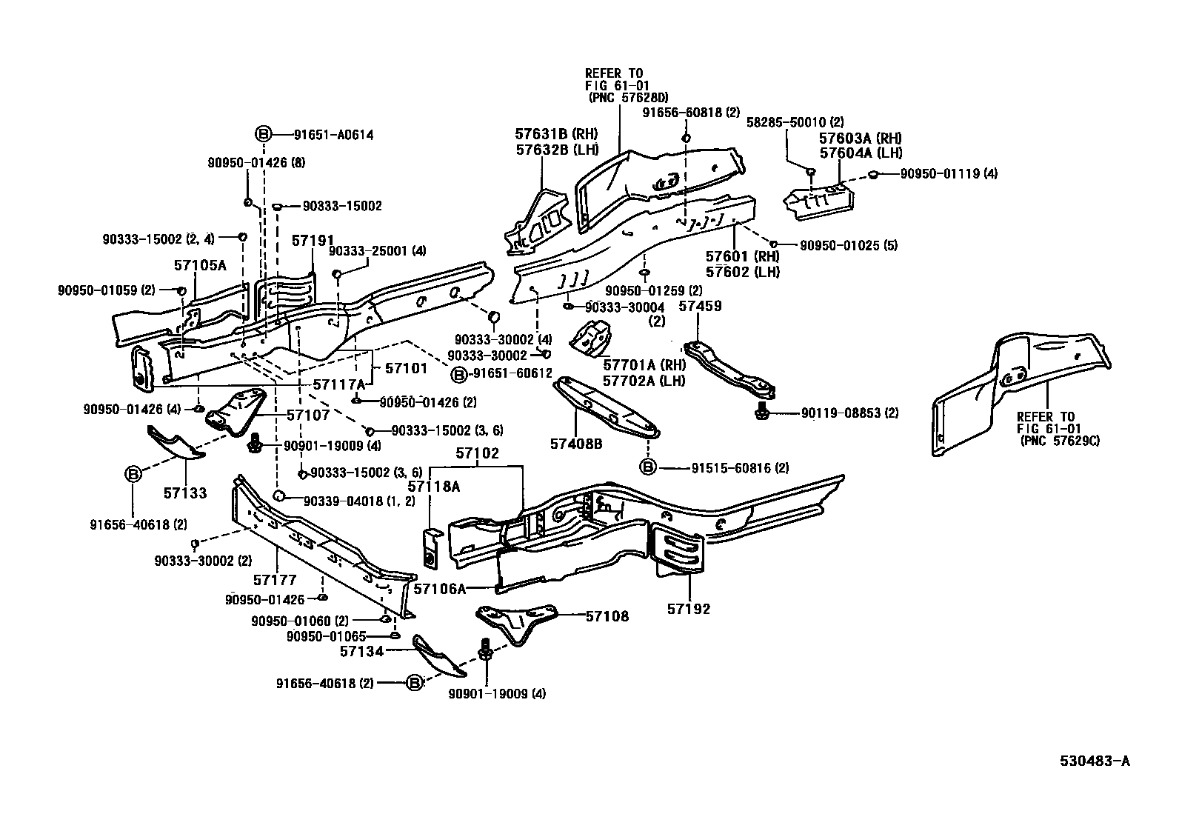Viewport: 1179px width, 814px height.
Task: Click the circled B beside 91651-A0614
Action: (x=264, y=134)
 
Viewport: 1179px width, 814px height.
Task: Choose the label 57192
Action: (x=688, y=609)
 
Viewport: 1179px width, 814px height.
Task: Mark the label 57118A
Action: (x=434, y=486)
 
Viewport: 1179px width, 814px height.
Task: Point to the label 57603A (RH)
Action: (x=860, y=139)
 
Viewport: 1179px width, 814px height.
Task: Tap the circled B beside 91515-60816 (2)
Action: (x=647, y=467)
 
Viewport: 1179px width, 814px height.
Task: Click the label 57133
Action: (x=184, y=493)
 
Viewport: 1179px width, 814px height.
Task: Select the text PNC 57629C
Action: (x=1059, y=441)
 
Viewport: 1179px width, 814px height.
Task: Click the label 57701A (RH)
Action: (x=644, y=365)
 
